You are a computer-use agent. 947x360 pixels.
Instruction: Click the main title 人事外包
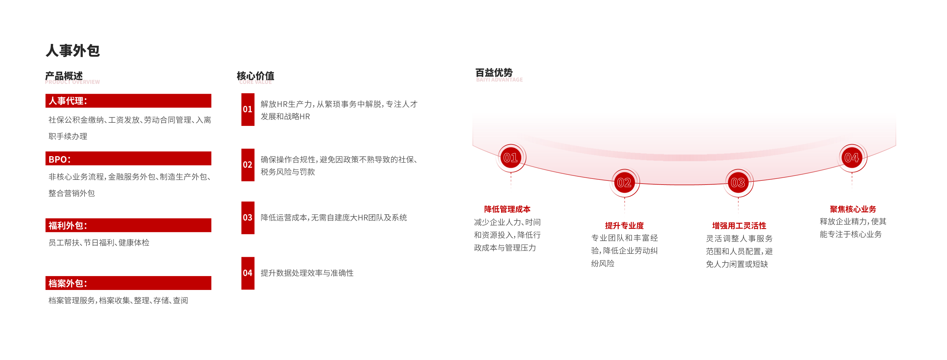pyautogui.click(x=73, y=50)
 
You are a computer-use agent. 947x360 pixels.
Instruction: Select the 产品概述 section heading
pyautogui.click(x=64, y=76)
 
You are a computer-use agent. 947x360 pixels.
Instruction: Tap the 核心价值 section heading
pyautogui.click(x=256, y=76)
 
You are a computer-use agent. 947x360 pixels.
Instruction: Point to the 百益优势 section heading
pyautogui.click(x=494, y=73)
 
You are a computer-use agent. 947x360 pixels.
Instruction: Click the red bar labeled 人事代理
pyautogui.click(x=128, y=101)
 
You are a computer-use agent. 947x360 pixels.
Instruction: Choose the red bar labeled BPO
pyautogui.click(x=128, y=158)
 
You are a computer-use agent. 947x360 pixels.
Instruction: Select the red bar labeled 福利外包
pyautogui.click(x=128, y=225)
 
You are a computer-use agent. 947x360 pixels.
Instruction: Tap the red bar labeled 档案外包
pyautogui.click(x=128, y=283)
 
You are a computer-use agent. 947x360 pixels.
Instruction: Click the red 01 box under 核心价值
pyautogui.click(x=248, y=109)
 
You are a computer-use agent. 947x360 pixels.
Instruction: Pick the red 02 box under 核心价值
pyautogui.click(x=248, y=165)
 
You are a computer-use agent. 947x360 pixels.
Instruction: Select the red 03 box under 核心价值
pyautogui.click(x=248, y=218)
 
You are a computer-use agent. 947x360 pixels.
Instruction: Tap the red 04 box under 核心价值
pyautogui.click(x=248, y=273)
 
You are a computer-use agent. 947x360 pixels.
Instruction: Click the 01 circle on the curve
pyautogui.click(x=511, y=158)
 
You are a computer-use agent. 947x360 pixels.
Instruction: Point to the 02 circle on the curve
pyautogui.click(x=624, y=183)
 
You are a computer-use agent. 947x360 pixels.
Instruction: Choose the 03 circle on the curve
pyautogui.click(x=738, y=183)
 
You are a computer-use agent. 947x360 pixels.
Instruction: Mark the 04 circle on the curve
pyautogui.click(x=852, y=158)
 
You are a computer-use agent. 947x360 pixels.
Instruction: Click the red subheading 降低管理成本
pyautogui.click(x=507, y=209)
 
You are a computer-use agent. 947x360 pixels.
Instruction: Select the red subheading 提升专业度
pyautogui.click(x=624, y=225)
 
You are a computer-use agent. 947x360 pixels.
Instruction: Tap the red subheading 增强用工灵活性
pyautogui.click(x=739, y=225)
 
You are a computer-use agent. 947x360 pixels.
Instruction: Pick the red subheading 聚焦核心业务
pyautogui.click(x=853, y=209)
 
